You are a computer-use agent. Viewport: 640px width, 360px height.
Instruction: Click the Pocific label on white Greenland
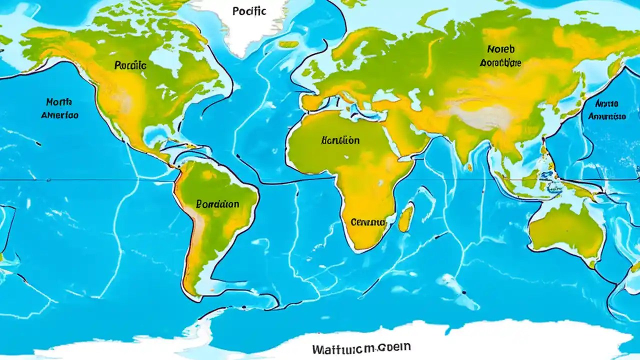(249, 11)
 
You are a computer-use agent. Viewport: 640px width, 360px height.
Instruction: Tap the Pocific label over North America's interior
(130, 65)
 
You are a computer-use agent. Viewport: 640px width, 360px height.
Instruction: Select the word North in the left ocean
(59, 102)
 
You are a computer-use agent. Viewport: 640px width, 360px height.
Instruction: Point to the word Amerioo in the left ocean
(60, 114)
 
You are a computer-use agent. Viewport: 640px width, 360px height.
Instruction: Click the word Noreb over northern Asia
(500, 49)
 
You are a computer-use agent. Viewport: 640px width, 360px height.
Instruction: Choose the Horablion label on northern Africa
(340, 140)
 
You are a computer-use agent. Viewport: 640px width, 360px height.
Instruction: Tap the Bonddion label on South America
(217, 204)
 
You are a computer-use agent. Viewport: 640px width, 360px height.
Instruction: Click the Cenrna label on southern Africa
(368, 221)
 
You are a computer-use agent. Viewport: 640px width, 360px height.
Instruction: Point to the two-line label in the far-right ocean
(607, 110)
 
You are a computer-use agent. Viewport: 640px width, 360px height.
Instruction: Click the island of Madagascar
(405, 219)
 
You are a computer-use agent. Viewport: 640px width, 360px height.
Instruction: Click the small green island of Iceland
(288, 44)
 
